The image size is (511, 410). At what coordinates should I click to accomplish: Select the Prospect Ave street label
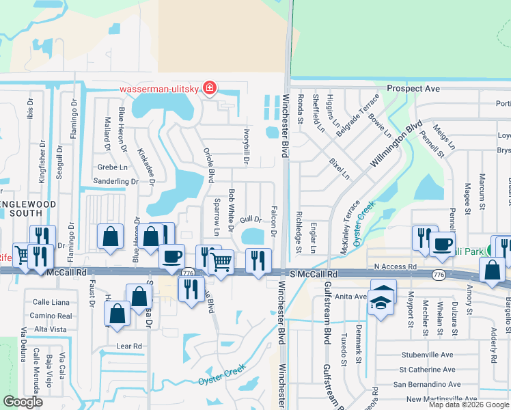pyautogui.click(x=413, y=89)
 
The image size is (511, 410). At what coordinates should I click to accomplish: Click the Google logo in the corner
pyautogui.click(x=23, y=402)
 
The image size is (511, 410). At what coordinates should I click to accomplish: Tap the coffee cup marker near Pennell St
pyautogui.click(x=443, y=243)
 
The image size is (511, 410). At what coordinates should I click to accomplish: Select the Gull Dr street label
pyautogui.click(x=251, y=219)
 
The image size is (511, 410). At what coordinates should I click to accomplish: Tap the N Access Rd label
pyautogui.click(x=395, y=266)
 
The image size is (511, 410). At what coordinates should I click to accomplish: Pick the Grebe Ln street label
pyautogui.click(x=112, y=167)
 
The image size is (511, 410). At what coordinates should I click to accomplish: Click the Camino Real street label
pyautogui.click(x=55, y=316)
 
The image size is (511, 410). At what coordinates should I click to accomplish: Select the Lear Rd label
pyautogui.click(x=128, y=346)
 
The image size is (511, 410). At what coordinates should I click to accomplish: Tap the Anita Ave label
pyautogui.click(x=352, y=297)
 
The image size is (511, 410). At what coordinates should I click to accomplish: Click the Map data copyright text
pyautogui.click(x=469, y=405)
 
